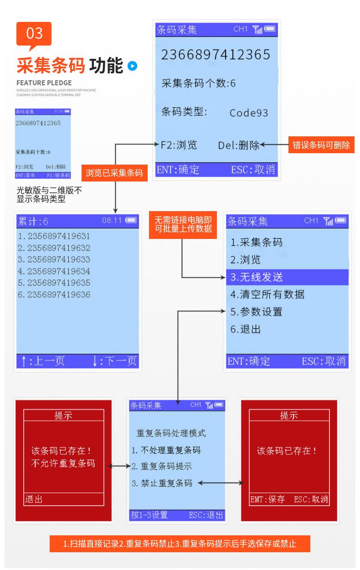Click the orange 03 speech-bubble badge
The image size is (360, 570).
coord(34,34)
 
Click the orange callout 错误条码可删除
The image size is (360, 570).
coord(321,145)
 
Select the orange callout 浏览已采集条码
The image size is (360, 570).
coord(114,173)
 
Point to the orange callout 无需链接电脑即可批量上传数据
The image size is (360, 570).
coord(183,224)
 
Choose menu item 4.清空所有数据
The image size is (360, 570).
coord(267,294)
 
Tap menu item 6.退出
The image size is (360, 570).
coord(246,329)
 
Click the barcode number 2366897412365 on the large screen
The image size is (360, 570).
coord(216,55)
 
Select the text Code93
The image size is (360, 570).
coord(248,113)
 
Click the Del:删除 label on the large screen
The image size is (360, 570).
coord(239,145)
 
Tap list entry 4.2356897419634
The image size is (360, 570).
coord(54,271)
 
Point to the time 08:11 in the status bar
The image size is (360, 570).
coord(112,220)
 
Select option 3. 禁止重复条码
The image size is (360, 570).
coord(162,483)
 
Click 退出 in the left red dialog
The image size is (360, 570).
coord(34,499)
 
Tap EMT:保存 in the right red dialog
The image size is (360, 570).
coord(267,499)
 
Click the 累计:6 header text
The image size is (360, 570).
coord(33,222)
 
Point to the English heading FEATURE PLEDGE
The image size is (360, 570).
coord(44,83)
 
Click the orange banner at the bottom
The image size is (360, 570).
coord(180,544)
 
